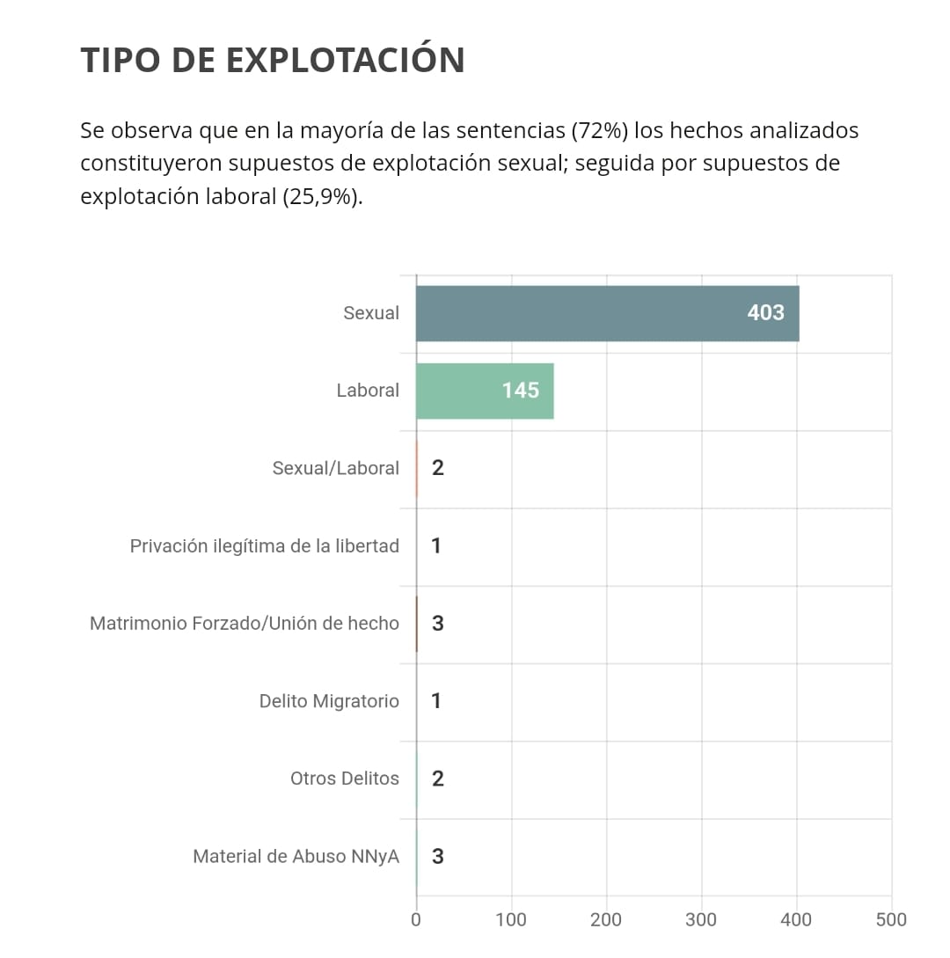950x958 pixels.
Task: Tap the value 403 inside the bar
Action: click(765, 313)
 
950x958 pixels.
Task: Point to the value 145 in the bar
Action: click(520, 391)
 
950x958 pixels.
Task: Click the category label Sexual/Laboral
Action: click(335, 468)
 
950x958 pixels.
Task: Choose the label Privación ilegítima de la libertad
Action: click(264, 546)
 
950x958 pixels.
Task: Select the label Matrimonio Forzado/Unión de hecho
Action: click(244, 624)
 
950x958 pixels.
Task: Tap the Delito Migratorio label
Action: click(328, 701)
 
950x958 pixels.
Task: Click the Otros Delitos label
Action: click(344, 779)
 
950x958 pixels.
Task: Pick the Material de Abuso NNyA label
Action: click(296, 856)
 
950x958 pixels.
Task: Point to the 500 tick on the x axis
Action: click(891, 920)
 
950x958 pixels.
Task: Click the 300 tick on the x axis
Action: click(701, 920)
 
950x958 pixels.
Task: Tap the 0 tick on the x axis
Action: click(416, 920)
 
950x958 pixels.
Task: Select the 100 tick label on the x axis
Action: click(511, 920)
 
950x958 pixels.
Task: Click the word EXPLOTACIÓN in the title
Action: click(345, 60)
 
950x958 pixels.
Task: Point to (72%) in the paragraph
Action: click(599, 131)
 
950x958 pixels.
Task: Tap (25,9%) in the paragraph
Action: click(322, 196)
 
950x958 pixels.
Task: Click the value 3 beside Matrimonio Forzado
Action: click(437, 624)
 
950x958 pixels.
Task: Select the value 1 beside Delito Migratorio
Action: click(436, 701)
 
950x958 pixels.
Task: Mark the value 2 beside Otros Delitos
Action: click(437, 779)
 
